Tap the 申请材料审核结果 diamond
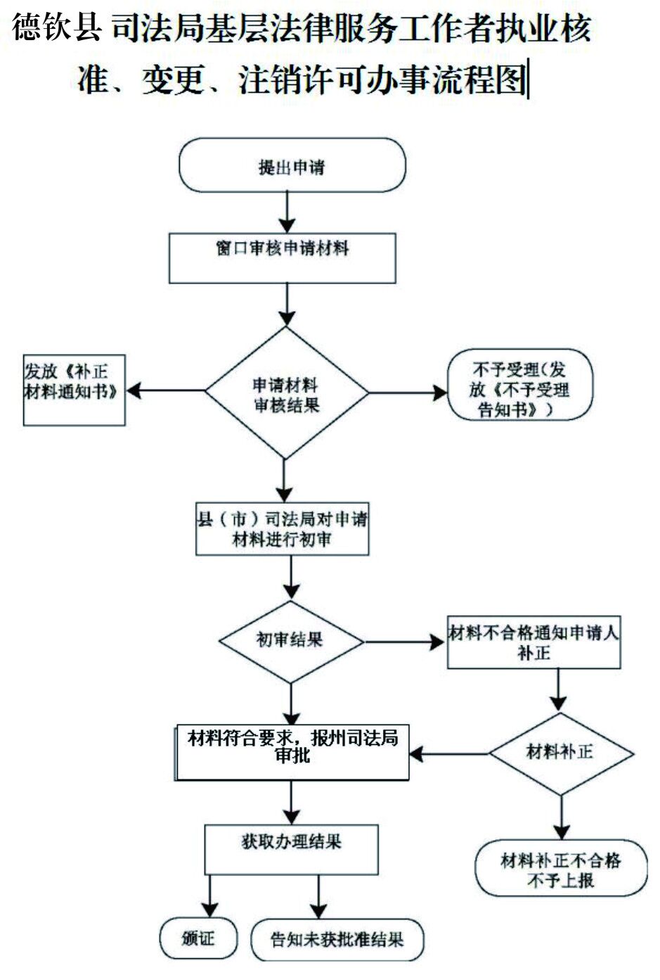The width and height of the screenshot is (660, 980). pos(286,394)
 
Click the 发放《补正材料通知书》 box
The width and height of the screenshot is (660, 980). pos(74,390)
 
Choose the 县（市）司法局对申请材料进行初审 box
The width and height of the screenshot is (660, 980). pos(282,529)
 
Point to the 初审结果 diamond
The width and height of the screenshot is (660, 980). pos(290,640)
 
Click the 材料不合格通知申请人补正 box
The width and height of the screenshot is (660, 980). pos(534,642)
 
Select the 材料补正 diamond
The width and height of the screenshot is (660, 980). pos(560,753)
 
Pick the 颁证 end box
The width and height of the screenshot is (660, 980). pos(198,938)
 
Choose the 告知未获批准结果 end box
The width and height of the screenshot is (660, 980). pos(337,940)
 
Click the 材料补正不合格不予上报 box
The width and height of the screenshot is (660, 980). pos(560,870)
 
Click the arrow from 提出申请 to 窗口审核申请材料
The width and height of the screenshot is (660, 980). pos(287,213)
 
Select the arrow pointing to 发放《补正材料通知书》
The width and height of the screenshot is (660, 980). pos(165,390)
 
